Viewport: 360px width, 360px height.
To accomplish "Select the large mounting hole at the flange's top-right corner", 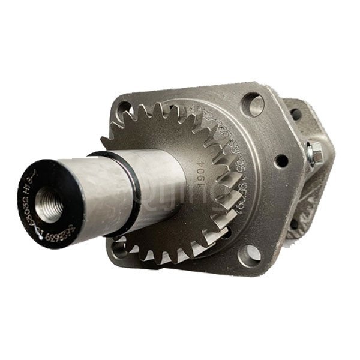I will (x=253, y=105).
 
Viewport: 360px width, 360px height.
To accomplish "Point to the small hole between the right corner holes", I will (x=280, y=161).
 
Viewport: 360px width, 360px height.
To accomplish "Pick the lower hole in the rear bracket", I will (x=293, y=224).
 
